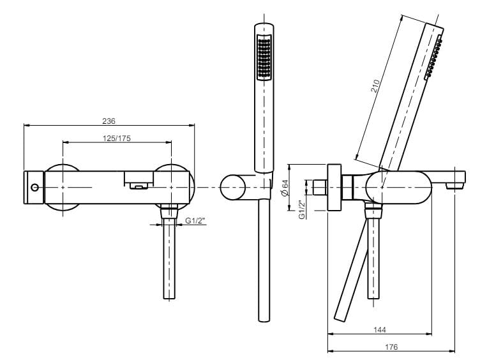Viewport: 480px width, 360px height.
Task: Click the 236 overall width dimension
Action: pyautogui.click(x=109, y=121)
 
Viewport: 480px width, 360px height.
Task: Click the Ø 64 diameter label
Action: pyautogui.click(x=283, y=188)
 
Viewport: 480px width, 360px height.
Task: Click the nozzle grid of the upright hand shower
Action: pyautogui.click(x=263, y=59)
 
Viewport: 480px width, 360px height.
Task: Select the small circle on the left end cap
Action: pyautogui.click(x=34, y=188)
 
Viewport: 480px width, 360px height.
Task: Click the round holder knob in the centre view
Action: pyautogui.click(x=233, y=188)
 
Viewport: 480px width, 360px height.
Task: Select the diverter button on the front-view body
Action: pyautogui.click(x=139, y=186)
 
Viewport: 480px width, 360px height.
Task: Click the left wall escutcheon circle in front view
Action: pyautogui.click(x=63, y=187)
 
